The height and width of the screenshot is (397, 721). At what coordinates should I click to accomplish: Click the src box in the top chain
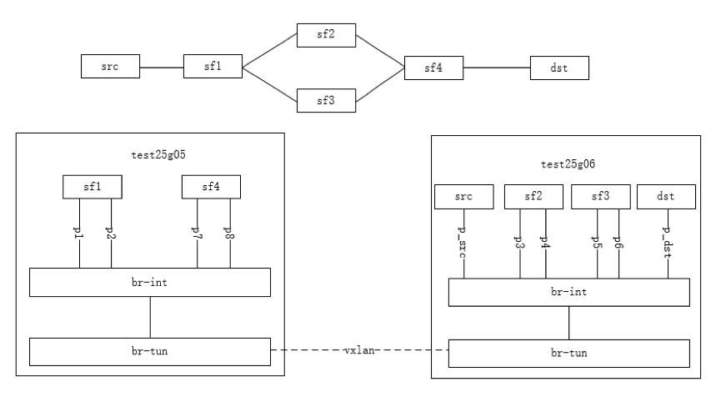click(x=110, y=66)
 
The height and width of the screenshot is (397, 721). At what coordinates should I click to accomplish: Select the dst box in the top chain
click(x=559, y=67)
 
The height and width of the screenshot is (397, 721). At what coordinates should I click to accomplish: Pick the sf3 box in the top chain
click(x=327, y=100)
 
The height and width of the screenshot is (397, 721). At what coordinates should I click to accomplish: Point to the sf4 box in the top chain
click(x=433, y=67)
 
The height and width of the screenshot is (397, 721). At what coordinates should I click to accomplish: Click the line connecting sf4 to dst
click(x=497, y=67)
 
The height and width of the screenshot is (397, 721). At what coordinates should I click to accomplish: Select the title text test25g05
click(x=150, y=155)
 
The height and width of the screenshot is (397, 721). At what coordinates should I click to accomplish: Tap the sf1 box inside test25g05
click(x=93, y=187)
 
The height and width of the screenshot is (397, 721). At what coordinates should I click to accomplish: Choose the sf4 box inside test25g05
click(x=212, y=187)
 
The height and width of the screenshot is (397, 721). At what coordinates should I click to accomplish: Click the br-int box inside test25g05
click(x=150, y=283)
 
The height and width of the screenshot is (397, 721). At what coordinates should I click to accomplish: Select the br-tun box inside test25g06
click(x=569, y=353)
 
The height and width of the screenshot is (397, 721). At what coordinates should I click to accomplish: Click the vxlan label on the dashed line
click(x=360, y=351)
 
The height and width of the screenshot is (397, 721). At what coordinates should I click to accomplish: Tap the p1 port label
click(x=79, y=233)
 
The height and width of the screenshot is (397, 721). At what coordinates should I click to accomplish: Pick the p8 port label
click(x=229, y=233)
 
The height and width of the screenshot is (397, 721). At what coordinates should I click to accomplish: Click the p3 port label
click(x=520, y=243)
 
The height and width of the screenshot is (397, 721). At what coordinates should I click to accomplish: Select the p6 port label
click(x=618, y=243)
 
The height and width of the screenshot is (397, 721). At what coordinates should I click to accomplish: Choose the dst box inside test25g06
click(x=666, y=197)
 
